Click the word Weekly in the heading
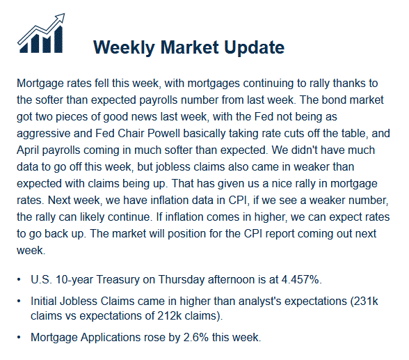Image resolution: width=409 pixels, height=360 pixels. pos(124,47)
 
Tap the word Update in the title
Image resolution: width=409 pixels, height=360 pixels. pos(255,47)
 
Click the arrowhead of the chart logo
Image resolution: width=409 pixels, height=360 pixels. pos(61,17)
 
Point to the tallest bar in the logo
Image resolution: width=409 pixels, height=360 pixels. pos(58,39)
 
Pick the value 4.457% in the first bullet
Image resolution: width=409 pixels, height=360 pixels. pos(300,280)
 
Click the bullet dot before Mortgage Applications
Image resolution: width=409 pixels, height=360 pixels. pos(19,338)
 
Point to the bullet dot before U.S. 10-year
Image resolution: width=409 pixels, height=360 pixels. pos(19,280)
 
